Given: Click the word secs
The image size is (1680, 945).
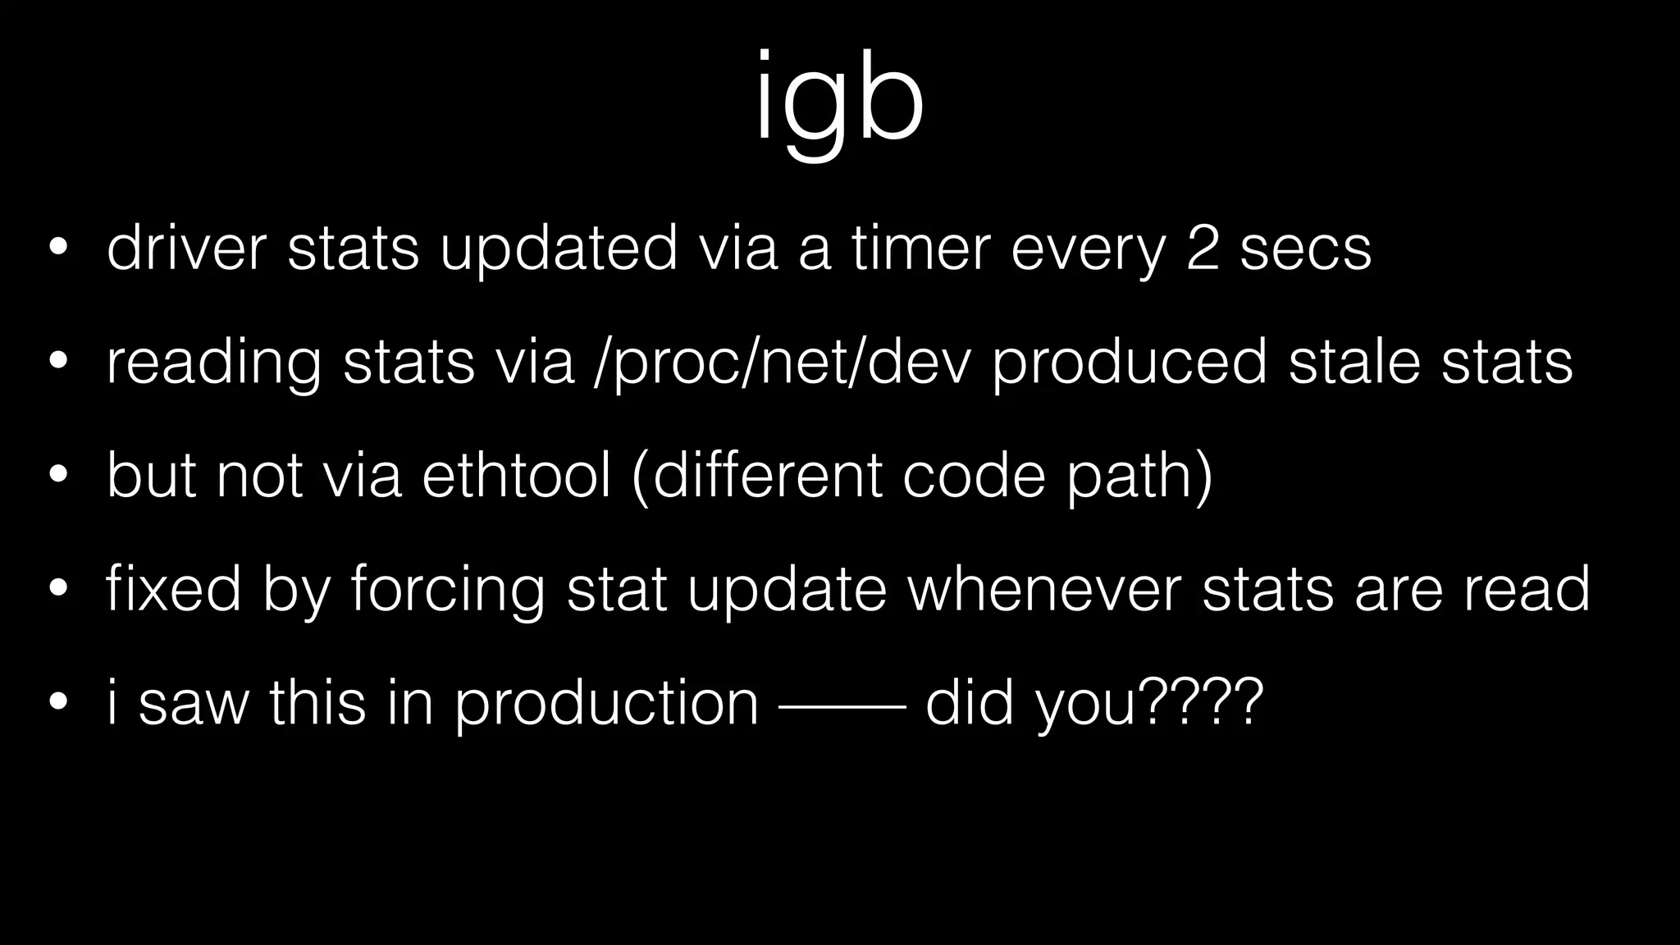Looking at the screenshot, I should pos(1305,249).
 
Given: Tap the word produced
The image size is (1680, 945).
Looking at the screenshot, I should pos(1130,362).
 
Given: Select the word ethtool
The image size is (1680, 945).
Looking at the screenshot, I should pos(517,475).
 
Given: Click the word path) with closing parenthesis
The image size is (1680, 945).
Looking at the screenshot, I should pos(1139,477).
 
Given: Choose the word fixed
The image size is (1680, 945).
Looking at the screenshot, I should pos(173,588).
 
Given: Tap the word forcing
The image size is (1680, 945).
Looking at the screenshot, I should pos(447,590).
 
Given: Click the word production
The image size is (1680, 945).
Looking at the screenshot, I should pos(607,703).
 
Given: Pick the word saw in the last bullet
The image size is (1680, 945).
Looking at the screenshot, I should pos(193,703).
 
